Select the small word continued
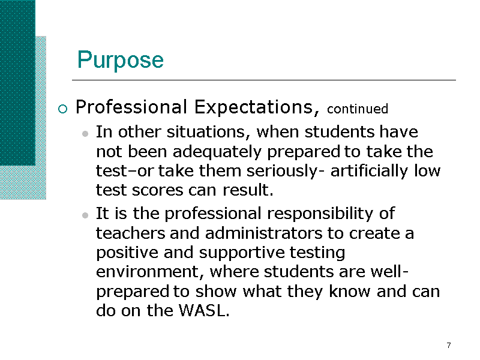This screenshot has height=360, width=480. coord(357,109)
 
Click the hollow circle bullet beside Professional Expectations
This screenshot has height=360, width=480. coord(63,109)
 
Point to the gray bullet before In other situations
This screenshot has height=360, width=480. coord(85,133)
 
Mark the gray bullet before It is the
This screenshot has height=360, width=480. coord(85,215)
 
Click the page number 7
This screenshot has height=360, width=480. coord(449,346)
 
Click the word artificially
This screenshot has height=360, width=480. coord(369,172)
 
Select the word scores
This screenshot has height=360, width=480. coord(157,190)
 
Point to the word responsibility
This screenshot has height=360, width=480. coord(320,214)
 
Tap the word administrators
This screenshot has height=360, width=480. coord(263,233)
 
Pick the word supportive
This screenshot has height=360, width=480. coord(242,253)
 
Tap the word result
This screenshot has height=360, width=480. coord(248,190)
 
